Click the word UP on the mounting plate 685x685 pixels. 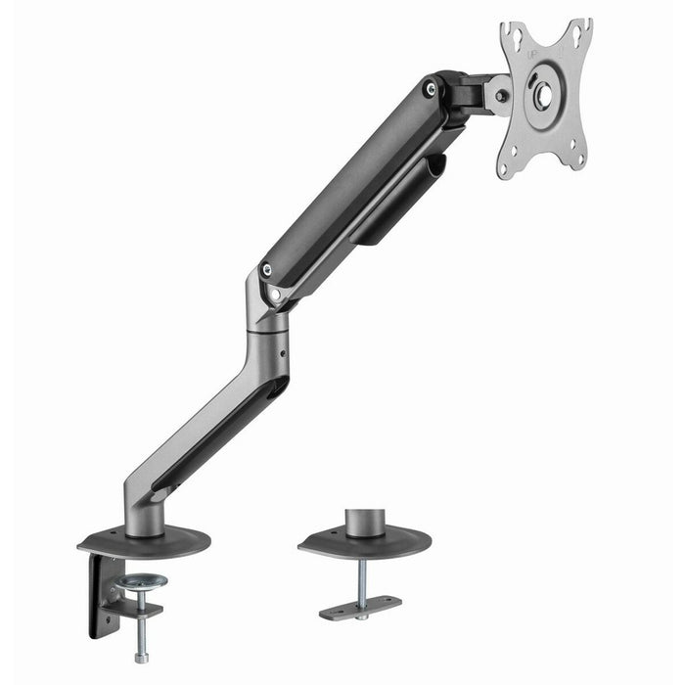[x=533, y=57]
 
